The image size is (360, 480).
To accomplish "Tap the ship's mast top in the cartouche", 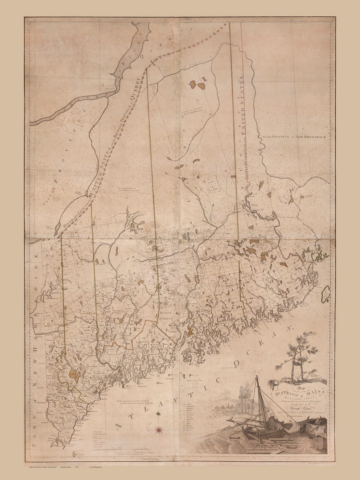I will tap(257, 377).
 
